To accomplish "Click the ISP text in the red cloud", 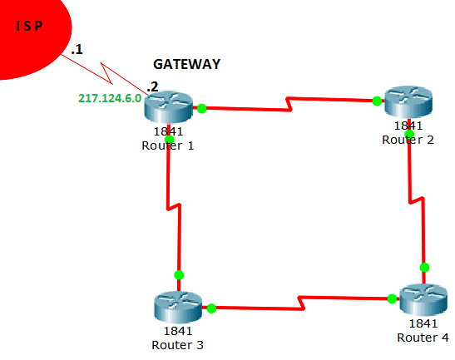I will (29, 26).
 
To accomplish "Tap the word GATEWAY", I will (187, 64).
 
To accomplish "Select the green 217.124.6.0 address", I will (110, 97).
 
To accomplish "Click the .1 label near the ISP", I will (77, 51).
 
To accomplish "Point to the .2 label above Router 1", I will (151, 86).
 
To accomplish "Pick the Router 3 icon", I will (178, 307).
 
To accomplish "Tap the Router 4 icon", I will (423, 298).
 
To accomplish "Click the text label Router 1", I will (168, 145).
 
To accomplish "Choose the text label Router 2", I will (408, 139).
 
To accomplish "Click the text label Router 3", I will (178, 343).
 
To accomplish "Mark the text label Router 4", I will (423, 337).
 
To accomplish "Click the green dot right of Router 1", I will (201, 107).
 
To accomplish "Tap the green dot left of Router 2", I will (377, 101).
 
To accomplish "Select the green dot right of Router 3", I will (211, 308).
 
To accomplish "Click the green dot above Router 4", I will (424, 267).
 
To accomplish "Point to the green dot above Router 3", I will (178, 274).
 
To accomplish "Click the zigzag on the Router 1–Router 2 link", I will (289, 105).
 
